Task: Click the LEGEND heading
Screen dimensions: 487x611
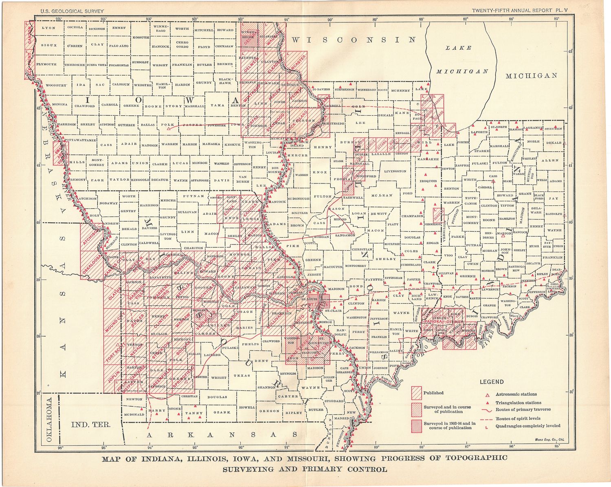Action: pos(491,382)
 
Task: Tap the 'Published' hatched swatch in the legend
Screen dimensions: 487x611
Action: pos(416,393)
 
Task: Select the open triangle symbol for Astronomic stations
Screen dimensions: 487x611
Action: pos(487,394)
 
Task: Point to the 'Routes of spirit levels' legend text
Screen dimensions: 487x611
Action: pos(517,419)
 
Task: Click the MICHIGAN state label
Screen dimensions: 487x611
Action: pos(531,76)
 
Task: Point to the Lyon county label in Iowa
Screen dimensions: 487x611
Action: pos(48,28)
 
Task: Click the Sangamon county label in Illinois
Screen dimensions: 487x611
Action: pos(345,236)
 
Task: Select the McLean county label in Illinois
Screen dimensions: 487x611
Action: pos(382,195)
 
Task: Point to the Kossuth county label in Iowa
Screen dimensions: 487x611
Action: pos(141,37)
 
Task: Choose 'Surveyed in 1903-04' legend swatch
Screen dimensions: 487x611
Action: pos(416,425)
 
